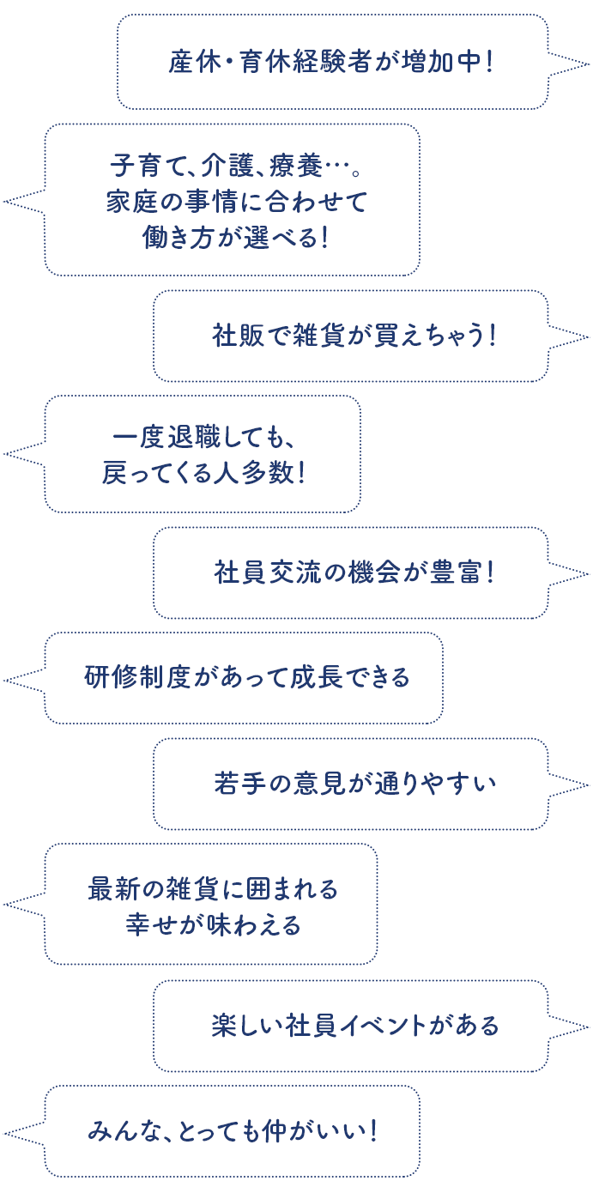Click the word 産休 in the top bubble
click(x=191, y=64)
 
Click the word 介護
click(x=221, y=162)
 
